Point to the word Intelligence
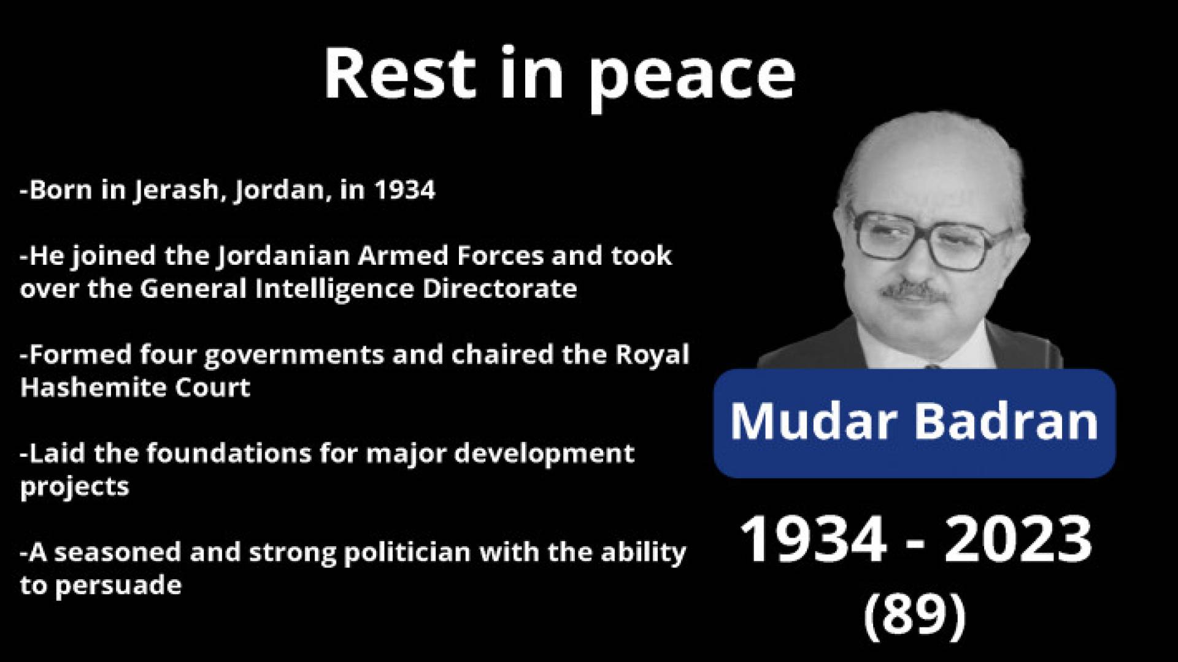pos(335,289)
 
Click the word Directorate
pos(500,289)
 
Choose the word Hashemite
pos(85,388)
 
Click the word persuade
pos(118,587)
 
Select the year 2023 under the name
pos(1018,540)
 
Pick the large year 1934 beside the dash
pos(814,540)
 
